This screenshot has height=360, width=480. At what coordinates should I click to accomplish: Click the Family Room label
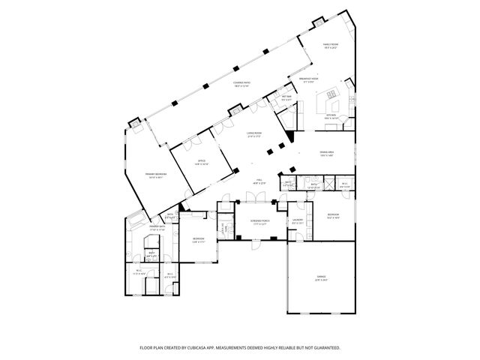(x=330, y=46)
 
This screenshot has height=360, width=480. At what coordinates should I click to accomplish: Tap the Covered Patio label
(x=241, y=84)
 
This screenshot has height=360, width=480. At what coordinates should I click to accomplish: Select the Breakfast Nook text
(x=309, y=79)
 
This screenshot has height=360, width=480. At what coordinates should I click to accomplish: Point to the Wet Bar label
(x=286, y=97)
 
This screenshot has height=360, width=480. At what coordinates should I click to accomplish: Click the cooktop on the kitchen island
(x=331, y=95)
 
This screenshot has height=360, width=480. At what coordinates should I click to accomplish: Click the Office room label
(x=202, y=161)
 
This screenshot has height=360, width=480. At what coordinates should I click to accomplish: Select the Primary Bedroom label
(x=156, y=175)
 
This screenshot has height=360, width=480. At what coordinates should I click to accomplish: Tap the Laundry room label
(x=297, y=221)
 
